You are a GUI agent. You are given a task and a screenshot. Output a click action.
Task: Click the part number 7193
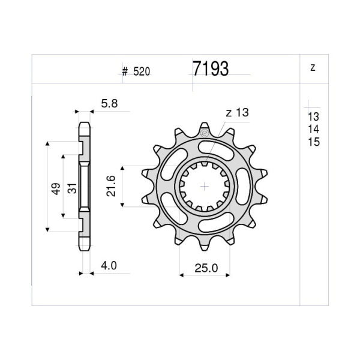211,69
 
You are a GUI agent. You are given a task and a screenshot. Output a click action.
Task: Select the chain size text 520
142,72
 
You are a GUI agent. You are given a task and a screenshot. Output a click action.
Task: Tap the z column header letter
313,68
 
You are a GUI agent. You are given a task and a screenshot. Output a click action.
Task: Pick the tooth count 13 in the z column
313,117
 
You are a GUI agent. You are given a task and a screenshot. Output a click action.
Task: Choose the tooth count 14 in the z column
313,130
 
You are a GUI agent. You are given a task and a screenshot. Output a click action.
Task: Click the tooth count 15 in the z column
313,142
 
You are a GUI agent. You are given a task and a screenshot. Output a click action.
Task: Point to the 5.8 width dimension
110,104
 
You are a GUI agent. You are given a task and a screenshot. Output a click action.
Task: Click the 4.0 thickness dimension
109,265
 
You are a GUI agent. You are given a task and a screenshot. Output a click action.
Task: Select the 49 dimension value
55,188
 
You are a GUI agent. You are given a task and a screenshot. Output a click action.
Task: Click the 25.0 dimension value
206,268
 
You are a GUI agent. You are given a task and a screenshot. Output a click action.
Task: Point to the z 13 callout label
237,113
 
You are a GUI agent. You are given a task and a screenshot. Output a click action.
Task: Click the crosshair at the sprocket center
205,187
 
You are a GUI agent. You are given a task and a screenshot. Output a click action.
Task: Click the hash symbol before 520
125,72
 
